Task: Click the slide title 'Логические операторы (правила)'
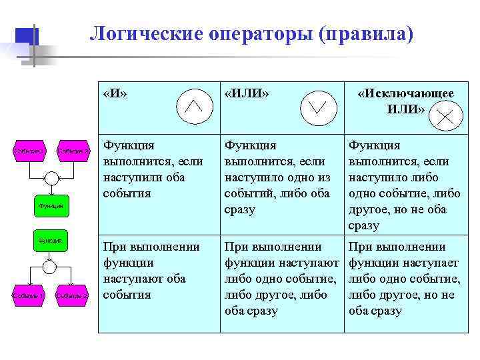tap(251, 33)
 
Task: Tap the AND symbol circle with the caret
tap(193, 105)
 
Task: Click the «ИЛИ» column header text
tap(247, 94)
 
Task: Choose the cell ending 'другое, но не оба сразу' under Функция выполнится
tap(404, 185)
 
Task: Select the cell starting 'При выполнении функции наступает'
tap(404, 279)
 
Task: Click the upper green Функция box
tap(51, 206)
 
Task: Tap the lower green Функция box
tap(49, 239)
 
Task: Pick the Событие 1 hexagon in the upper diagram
tap(29, 151)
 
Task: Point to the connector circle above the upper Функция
tap(51, 177)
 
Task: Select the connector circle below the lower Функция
tap(49, 267)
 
